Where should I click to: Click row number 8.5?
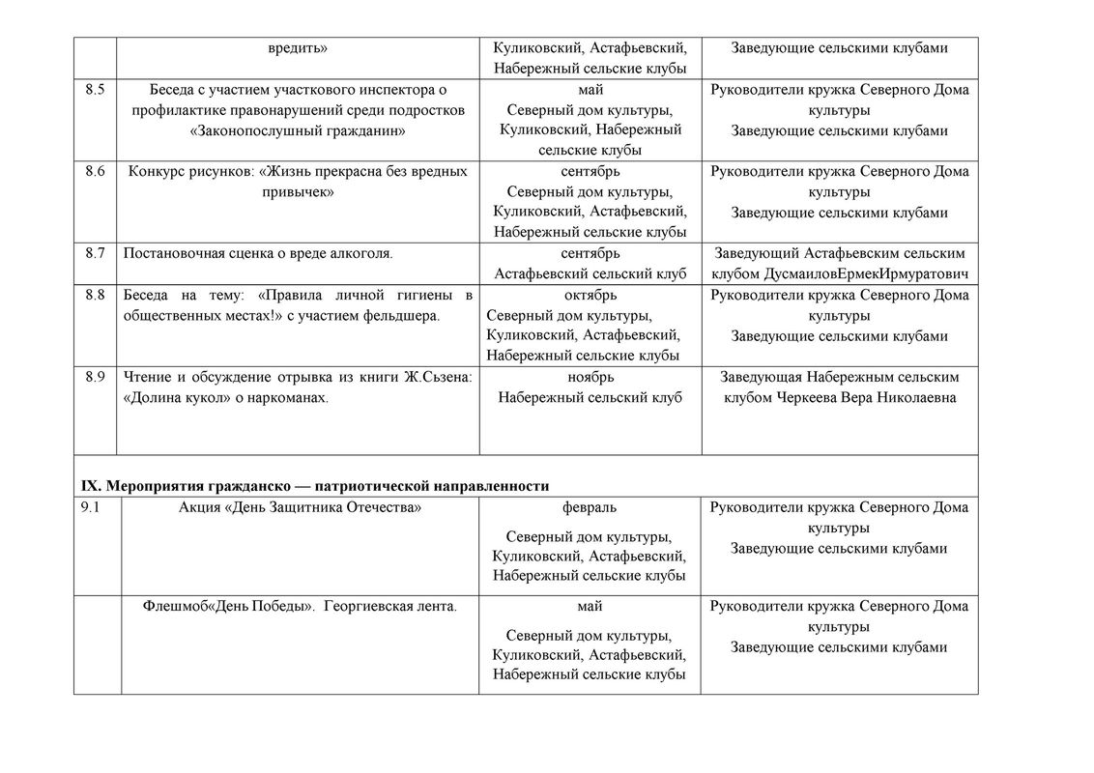[95, 90]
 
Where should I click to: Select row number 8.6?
[95, 172]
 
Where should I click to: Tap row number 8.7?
[95, 253]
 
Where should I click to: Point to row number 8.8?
[95, 295]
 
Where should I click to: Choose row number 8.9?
[95, 377]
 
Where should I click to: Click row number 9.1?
[92, 507]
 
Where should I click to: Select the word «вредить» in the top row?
[299, 47]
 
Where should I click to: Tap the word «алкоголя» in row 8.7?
[360, 253]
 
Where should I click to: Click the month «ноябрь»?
[590, 377]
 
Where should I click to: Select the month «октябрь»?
[590, 295]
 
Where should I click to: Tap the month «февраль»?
[590, 507]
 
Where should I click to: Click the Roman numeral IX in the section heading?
[89, 485]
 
